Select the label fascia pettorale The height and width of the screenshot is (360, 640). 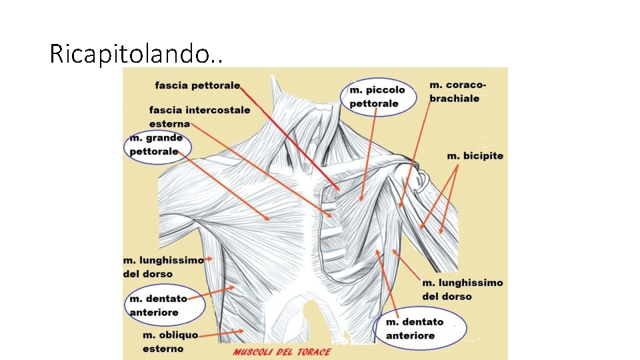coord(197,85)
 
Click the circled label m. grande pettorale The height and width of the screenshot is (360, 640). coord(157,145)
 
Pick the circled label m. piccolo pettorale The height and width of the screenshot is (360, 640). coord(377,96)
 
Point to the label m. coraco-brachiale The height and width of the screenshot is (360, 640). coord(457,91)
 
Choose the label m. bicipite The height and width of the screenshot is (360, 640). coord(475,155)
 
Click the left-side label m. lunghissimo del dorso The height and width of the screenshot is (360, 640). coord(163,267)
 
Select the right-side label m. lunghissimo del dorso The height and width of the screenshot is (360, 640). coord(462,289)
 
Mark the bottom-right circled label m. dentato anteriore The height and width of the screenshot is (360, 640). coord(419,329)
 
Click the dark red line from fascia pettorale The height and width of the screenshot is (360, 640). coord(290,137)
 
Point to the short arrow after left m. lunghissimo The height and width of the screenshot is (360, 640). coord(209,258)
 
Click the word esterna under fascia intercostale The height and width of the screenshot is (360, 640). coord(169,124)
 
